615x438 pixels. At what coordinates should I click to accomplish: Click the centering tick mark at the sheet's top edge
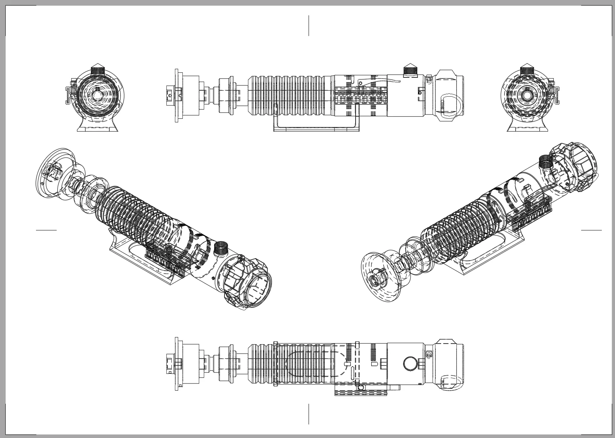pyautogui.click(x=309, y=25)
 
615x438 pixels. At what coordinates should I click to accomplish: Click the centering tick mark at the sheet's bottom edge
pyautogui.click(x=309, y=414)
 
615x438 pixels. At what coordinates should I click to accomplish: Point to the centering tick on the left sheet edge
pyautogui.click(x=46, y=230)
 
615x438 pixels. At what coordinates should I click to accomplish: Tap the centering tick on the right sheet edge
pyautogui.click(x=591, y=230)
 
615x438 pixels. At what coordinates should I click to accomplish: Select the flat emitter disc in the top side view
pyautogui.click(x=177, y=96)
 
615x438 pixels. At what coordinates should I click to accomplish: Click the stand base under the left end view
pyautogui.click(x=98, y=125)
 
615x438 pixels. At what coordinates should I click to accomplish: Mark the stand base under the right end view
pyautogui.click(x=527, y=125)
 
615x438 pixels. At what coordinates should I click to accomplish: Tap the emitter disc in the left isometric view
pyautogui.click(x=55, y=173)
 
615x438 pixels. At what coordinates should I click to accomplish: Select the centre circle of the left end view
pyautogui.click(x=97, y=95)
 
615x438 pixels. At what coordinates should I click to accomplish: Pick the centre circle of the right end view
pyautogui.click(x=527, y=95)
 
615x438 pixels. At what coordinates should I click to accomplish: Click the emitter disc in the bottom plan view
pyautogui.click(x=177, y=363)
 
